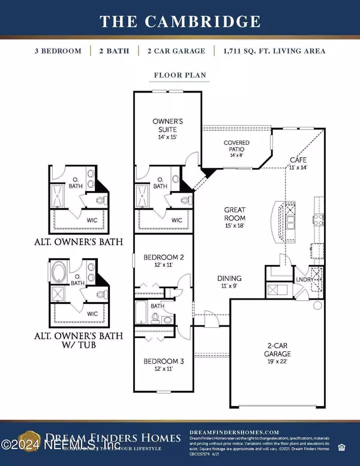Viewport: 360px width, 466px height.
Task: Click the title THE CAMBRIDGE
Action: (x=180, y=22)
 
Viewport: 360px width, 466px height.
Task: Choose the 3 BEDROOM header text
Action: (x=58, y=51)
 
